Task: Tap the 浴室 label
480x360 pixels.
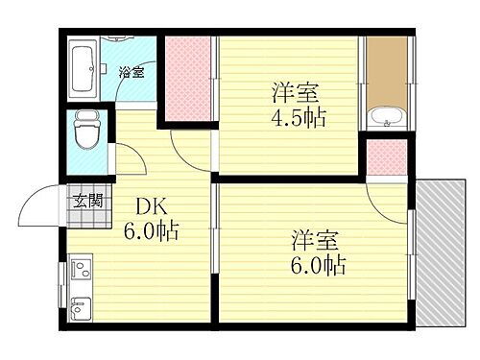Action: point(132,72)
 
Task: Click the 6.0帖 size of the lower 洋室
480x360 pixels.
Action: point(315,263)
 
